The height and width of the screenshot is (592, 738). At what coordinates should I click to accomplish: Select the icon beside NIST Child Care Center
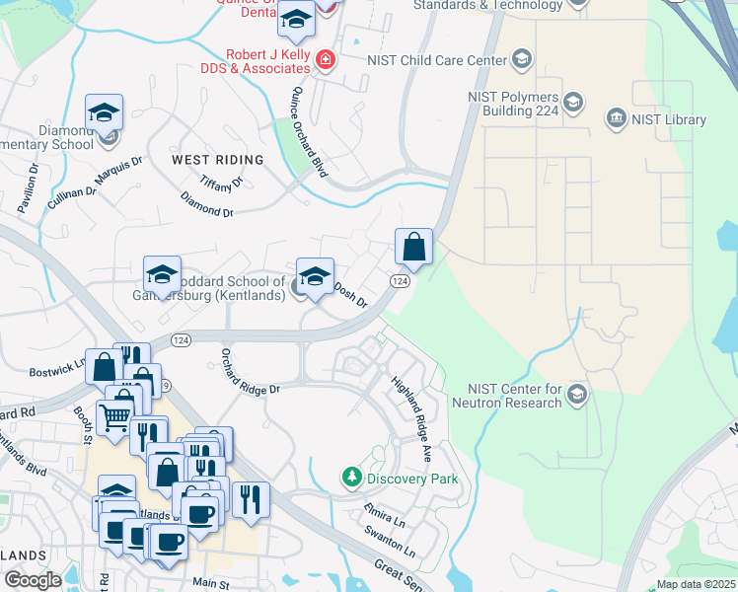(x=520, y=60)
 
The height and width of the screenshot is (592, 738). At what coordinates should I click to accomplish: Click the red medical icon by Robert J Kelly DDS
(x=324, y=62)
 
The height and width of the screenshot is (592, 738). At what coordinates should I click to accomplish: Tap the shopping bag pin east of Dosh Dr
(x=414, y=246)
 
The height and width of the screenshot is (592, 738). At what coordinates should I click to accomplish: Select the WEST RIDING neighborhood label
(x=217, y=160)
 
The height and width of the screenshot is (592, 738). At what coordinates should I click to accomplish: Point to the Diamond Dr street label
(x=207, y=205)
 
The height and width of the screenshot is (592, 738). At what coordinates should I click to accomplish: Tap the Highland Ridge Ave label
(x=412, y=407)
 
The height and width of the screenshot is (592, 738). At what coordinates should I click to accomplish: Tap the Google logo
(x=33, y=580)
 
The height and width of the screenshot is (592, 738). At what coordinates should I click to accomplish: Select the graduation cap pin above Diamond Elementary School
(x=104, y=113)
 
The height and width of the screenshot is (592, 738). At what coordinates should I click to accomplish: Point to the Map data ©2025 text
(x=696, y=584)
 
